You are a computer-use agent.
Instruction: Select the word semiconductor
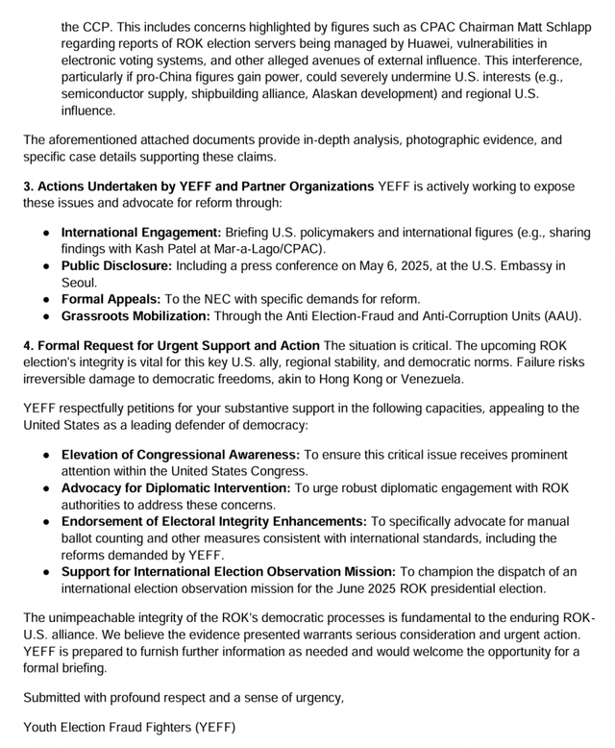click(x=106, y=95)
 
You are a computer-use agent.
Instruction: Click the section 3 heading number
click(x=29, y=186)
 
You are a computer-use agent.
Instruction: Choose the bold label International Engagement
click(x=141, y=233)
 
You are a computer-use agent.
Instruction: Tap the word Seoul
click(x=80, y=283)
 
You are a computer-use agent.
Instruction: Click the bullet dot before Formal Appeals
click(x=47, y=299)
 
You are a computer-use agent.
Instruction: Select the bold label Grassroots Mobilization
click(x=135, y=315)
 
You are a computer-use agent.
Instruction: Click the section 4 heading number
click(x=29, y=345)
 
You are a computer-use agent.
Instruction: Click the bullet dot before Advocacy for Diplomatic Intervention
click(x=47, y=488)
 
